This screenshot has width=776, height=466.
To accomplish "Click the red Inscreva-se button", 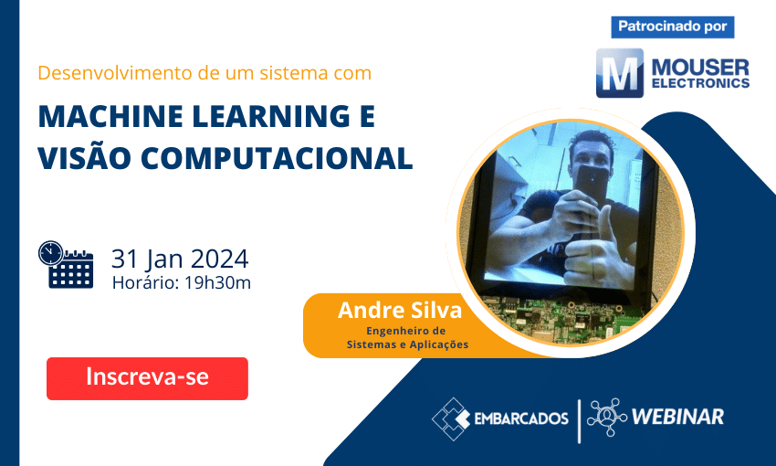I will [147, 377].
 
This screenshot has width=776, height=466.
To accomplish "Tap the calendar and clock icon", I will [66, 265].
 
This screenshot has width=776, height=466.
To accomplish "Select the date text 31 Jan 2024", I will [179, 258].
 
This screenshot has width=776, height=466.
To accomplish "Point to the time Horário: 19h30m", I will [181, 282].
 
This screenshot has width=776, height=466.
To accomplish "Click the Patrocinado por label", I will [672, 26].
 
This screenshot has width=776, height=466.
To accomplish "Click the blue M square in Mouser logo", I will [620, 73].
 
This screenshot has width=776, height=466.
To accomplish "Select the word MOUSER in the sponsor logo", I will [699, 67].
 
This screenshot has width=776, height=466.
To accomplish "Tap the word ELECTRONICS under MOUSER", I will [699, 83].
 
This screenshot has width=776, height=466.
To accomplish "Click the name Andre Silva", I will [400, 311].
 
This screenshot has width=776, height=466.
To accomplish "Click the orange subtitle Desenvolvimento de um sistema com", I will [204, 72].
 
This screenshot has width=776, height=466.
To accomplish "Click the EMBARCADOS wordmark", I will [521, 418].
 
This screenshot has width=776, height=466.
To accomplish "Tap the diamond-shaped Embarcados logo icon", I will [451, 418].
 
